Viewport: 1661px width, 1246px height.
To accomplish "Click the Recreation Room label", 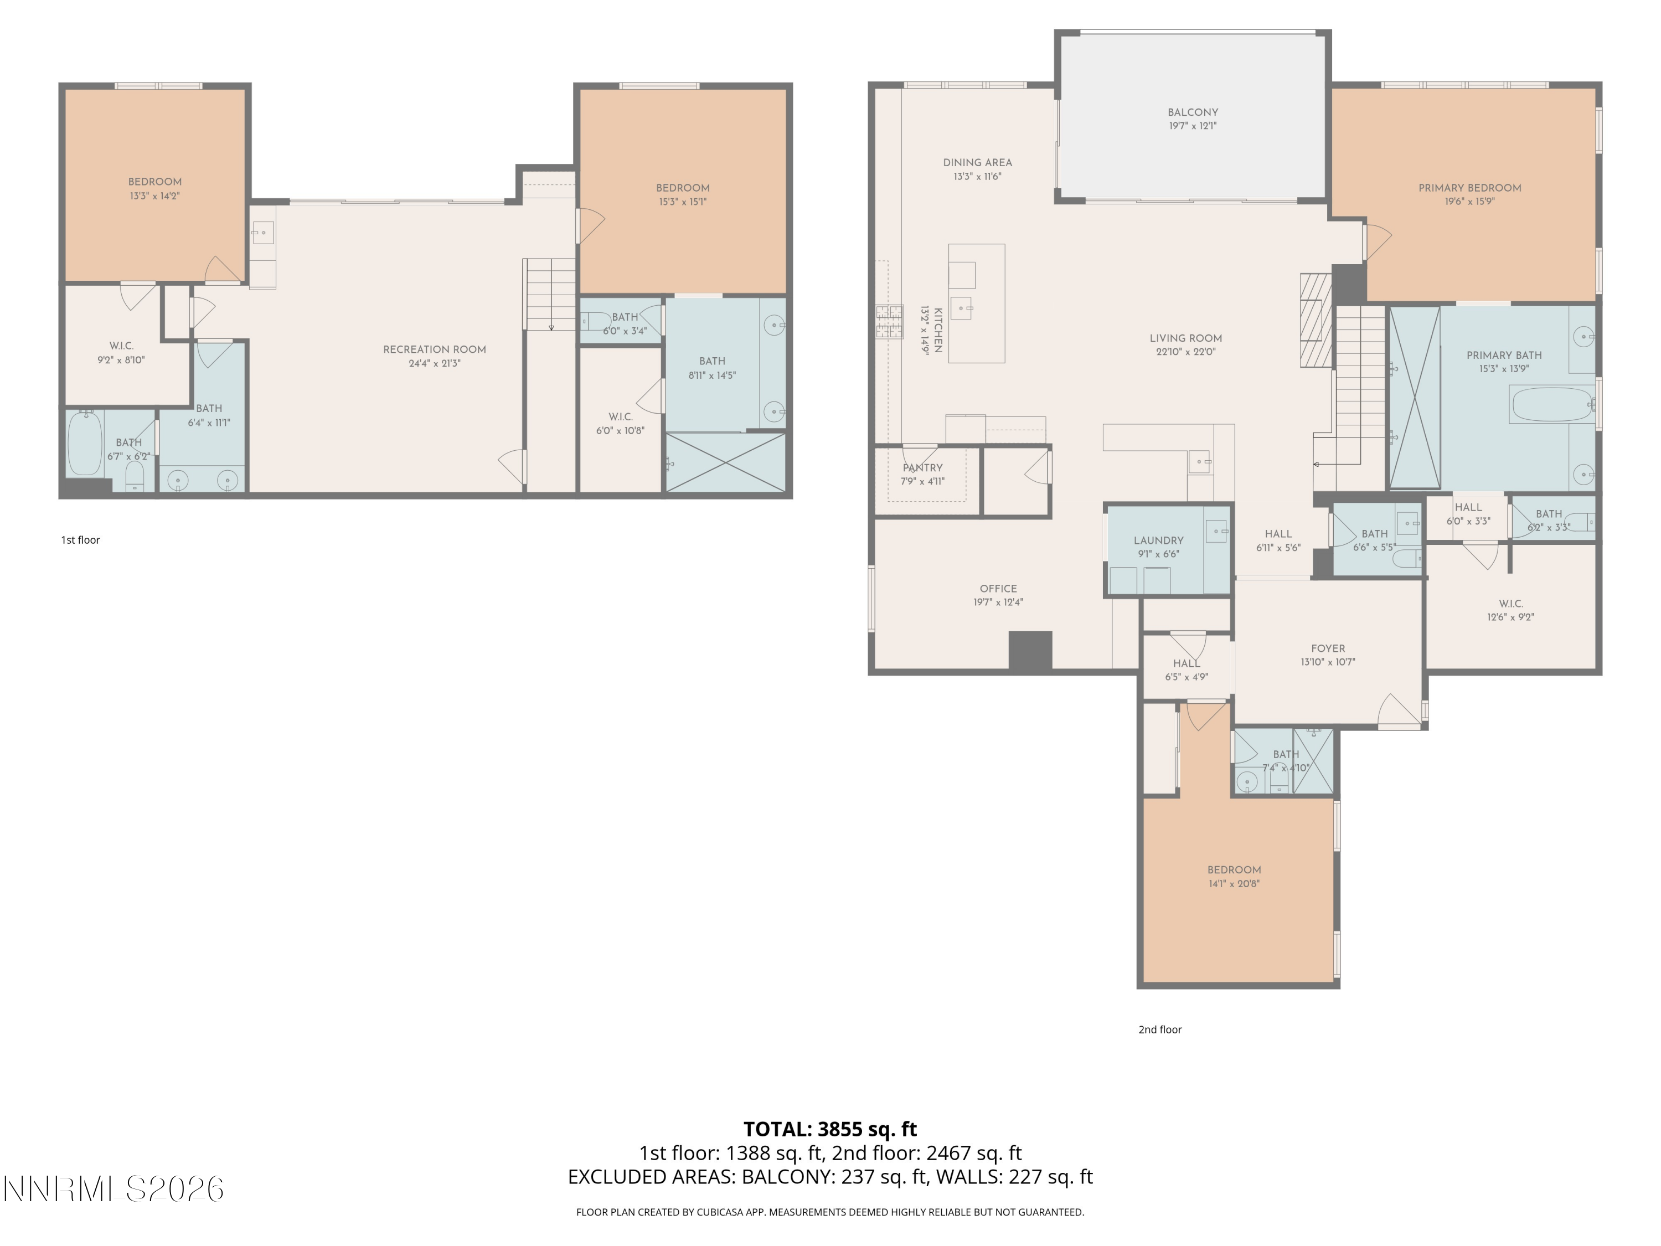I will point(434,349).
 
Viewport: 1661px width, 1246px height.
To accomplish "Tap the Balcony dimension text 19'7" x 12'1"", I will point(1193,126).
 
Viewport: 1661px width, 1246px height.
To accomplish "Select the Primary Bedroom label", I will point(1469,188).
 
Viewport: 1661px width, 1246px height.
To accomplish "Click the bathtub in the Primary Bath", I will point(1551,405).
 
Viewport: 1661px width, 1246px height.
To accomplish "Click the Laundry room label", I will point(1158,540).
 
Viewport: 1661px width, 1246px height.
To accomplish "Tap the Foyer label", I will point(1328,648).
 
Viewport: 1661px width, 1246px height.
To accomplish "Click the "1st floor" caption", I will point(80,540).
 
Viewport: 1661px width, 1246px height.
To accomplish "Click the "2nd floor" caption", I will point(1159,1029).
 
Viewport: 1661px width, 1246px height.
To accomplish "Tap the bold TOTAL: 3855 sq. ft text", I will point(830,1129).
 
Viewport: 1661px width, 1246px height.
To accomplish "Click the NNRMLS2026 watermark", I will point(114,1189).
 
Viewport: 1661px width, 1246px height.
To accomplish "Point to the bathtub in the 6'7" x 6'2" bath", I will point(85,444).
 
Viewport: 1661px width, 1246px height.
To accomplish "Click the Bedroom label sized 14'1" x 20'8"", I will point(1234,870).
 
